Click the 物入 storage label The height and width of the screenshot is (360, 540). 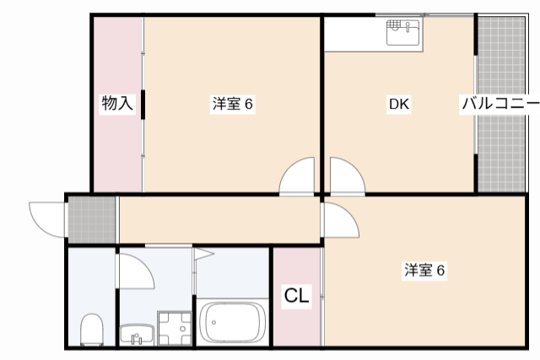(x=117, y=105)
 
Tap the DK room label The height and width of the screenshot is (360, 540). (x=398, y=105)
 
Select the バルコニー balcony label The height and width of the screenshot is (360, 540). (x=499, y=105)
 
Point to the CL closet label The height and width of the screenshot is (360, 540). (x=296, y=296)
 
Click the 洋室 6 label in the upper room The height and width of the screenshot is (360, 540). (x=233, y=105)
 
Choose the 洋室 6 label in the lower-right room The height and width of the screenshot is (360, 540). (x=424, y=271)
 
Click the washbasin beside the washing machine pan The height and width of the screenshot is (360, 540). (x=136, y=335)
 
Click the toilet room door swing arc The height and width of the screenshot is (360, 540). (x=135, y=270)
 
